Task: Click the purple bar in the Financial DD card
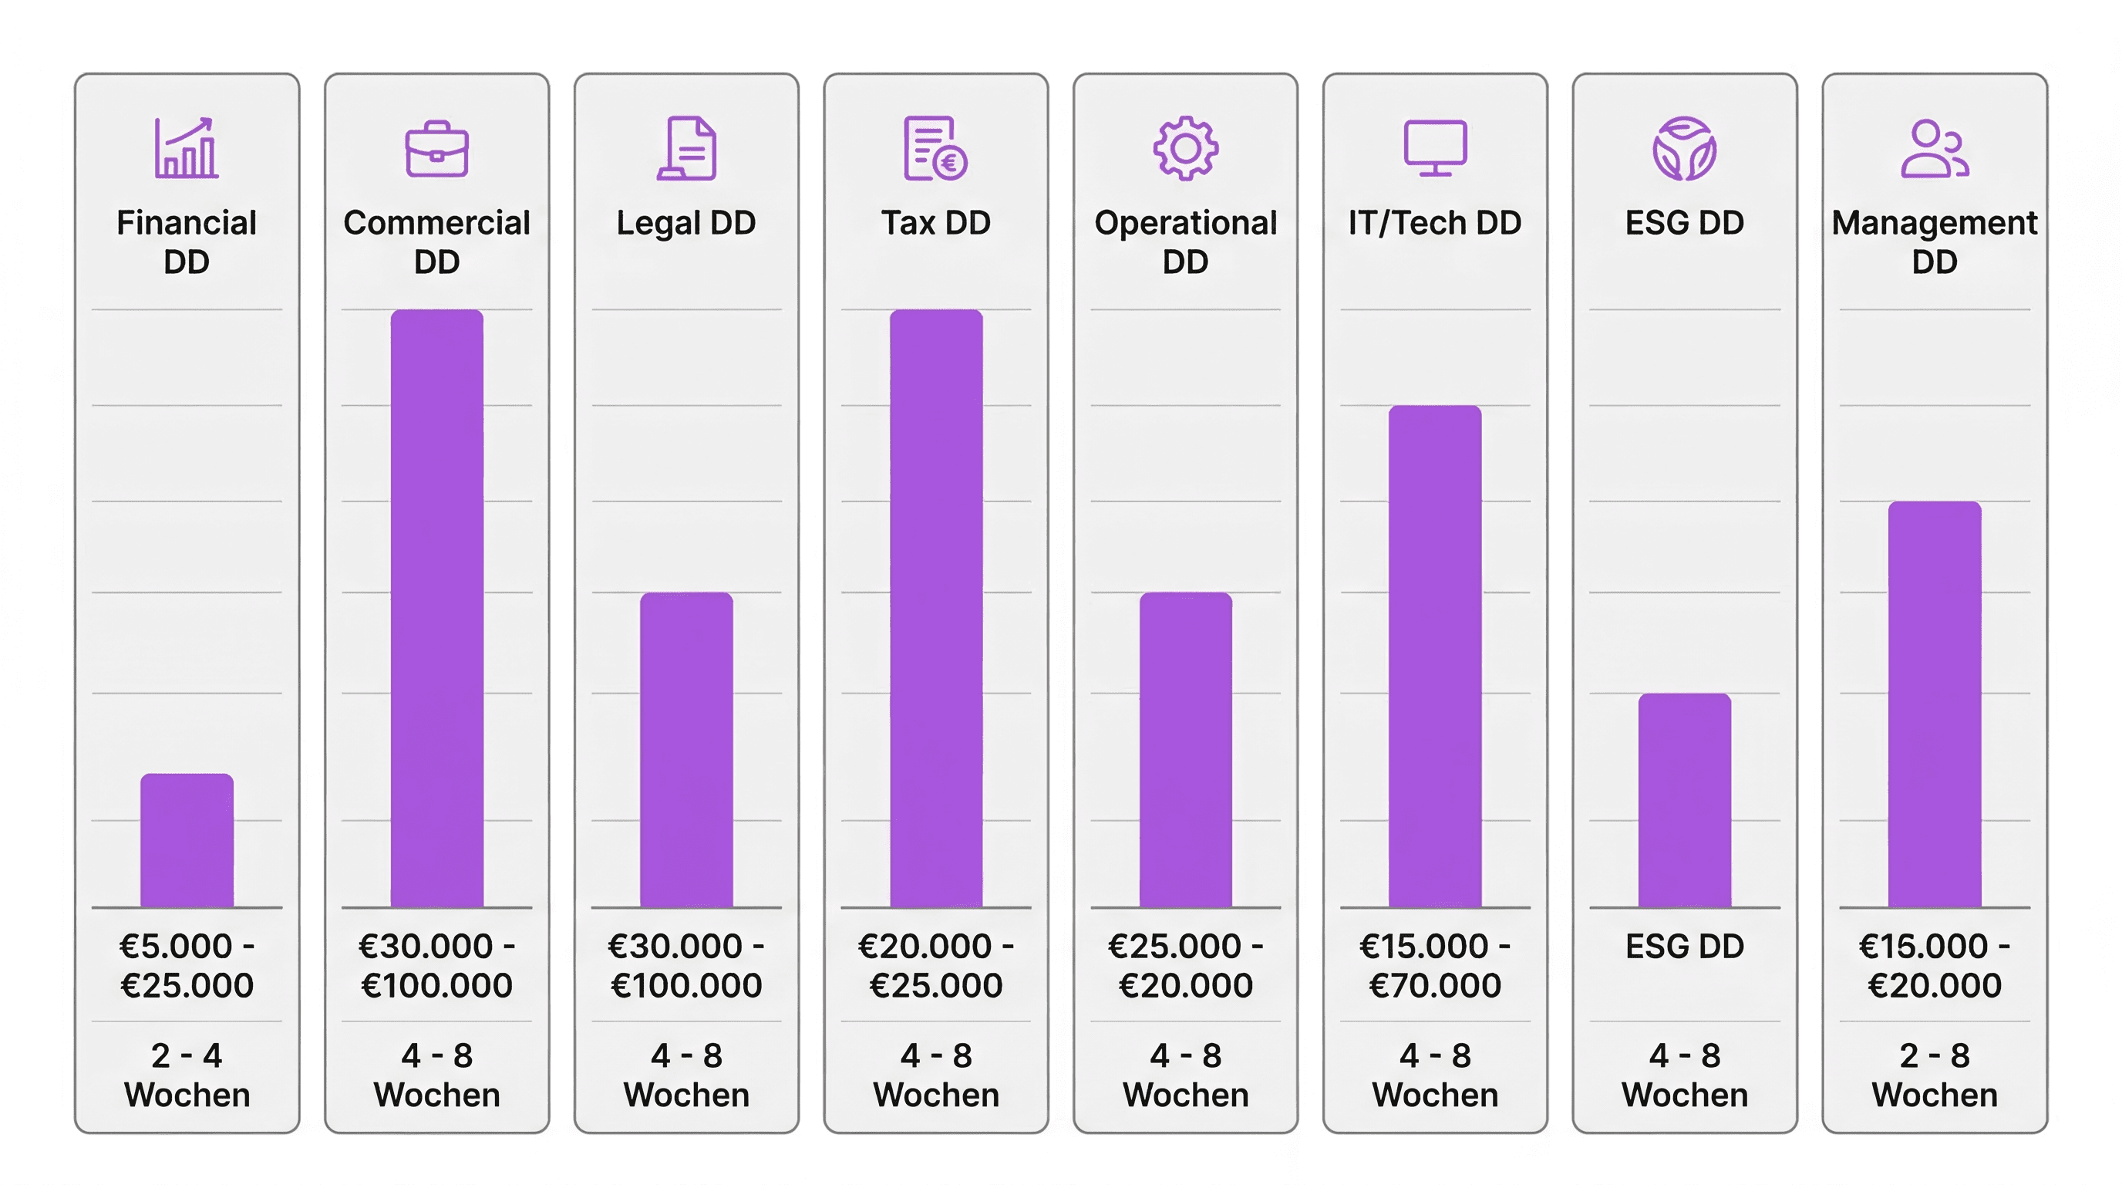click(x=187, y=841)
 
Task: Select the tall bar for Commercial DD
click(x=436, y=608)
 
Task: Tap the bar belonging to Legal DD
click(x=686, y=750)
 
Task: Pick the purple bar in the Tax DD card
click(x=936, y=608)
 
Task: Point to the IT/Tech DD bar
click(x=1435, y=656)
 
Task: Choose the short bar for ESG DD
click(x=1685, y=800)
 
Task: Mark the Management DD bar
click(x=1934, y=704)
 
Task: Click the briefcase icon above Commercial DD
click(x=436, y=149)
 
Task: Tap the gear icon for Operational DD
click(x=1185, y=148)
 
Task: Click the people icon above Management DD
click(x=1934, y=148)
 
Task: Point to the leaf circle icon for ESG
click(x=1685, y=148)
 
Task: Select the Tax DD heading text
click(x=936, y=222)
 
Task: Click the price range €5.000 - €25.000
click(x=187, y=965)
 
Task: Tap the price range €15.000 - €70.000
click(x=1435, y=965)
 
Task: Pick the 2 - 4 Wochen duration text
click(x=187, y=1075)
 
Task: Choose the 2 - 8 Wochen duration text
click(x=1934, y=1075)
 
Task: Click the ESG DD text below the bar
click(x=1685, y=946)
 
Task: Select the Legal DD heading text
click(x=686, y=222)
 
